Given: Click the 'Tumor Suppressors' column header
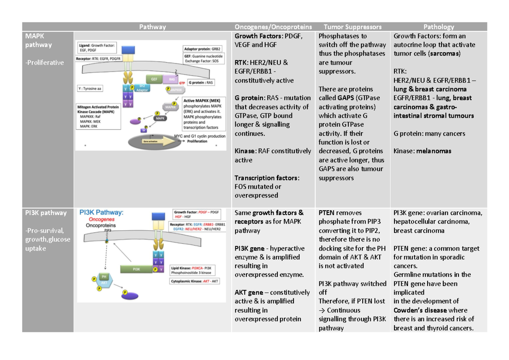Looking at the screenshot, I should click(x=352, y=27).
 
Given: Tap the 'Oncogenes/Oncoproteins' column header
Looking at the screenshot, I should click(x=273, y=27).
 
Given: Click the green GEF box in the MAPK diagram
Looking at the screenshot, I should click(x=154, y=78).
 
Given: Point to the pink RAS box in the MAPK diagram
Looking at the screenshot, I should click(x=171, y=79).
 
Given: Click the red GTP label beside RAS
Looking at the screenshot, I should click(x=182, y=83).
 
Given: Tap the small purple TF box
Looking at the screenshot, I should click(x=144, y=131).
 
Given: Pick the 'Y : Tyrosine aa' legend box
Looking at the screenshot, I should click(x=92, y=89).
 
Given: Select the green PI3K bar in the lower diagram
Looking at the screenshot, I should click(x=137, y=269).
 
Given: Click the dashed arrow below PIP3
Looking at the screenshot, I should click(x=107, y=257).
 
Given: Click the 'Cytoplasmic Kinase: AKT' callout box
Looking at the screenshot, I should click(x=195, y=281).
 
